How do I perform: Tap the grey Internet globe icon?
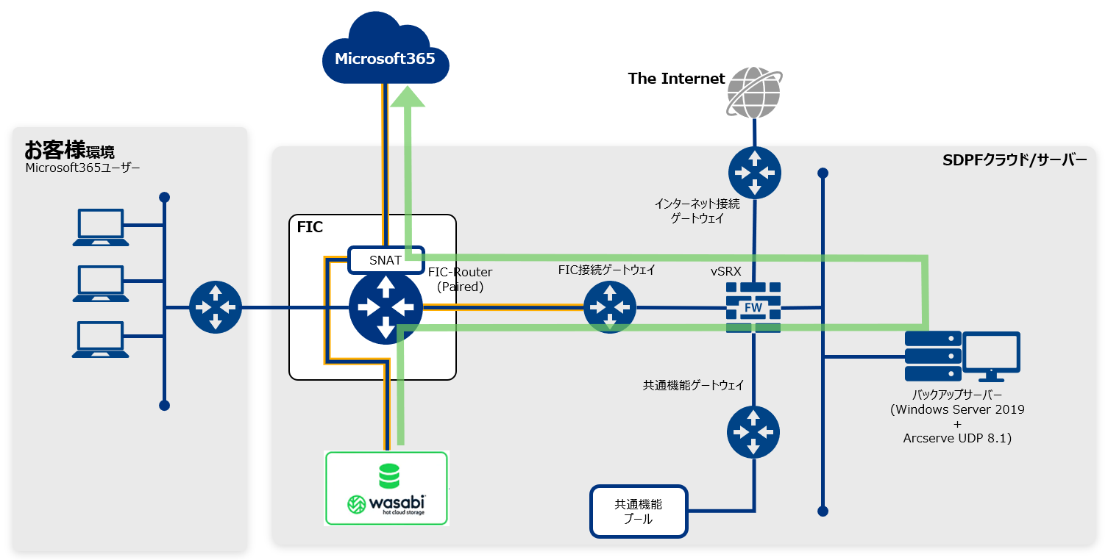click(x=754, y=92)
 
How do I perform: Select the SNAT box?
click(x=386, y=259)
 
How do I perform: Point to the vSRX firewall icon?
click(x=753, y=307)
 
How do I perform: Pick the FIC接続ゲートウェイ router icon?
click(x=609, y=307)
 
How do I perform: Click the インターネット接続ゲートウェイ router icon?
click(x=754, y=173)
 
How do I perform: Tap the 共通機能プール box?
click(x=639, y=511)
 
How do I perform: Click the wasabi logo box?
click(x=386, y=489)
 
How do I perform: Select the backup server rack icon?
click(x=932, y=356)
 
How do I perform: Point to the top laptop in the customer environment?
click(x=101, y=227)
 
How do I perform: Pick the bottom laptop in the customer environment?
click(x=101, y=339)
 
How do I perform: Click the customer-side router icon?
click(x=215, y=307)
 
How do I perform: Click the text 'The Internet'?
click(x=676, y=79)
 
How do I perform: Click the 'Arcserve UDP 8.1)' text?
click(x=957, y=438)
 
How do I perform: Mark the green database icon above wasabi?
click(x=388, y=476)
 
